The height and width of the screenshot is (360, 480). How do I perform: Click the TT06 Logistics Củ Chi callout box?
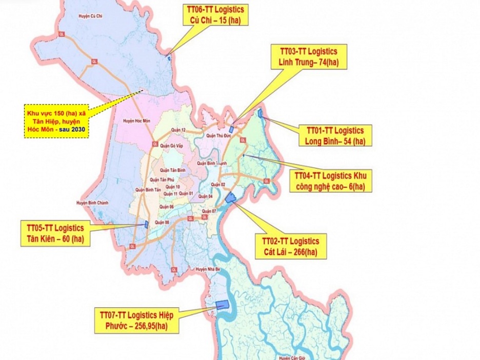coord(215,15)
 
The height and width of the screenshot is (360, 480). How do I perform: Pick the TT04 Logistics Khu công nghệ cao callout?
coord(330,180)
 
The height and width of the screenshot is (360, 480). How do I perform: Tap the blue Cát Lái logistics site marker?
coord(231,197)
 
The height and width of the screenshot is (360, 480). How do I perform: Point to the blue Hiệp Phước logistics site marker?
coord(223,305)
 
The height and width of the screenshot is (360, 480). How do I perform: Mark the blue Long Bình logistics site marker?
coord(261,113)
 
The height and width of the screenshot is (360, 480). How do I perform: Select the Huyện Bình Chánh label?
coord(90,203)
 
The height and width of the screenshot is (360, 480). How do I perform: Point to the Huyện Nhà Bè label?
coord(208,268)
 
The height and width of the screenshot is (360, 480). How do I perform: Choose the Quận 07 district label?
coord(209,211)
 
